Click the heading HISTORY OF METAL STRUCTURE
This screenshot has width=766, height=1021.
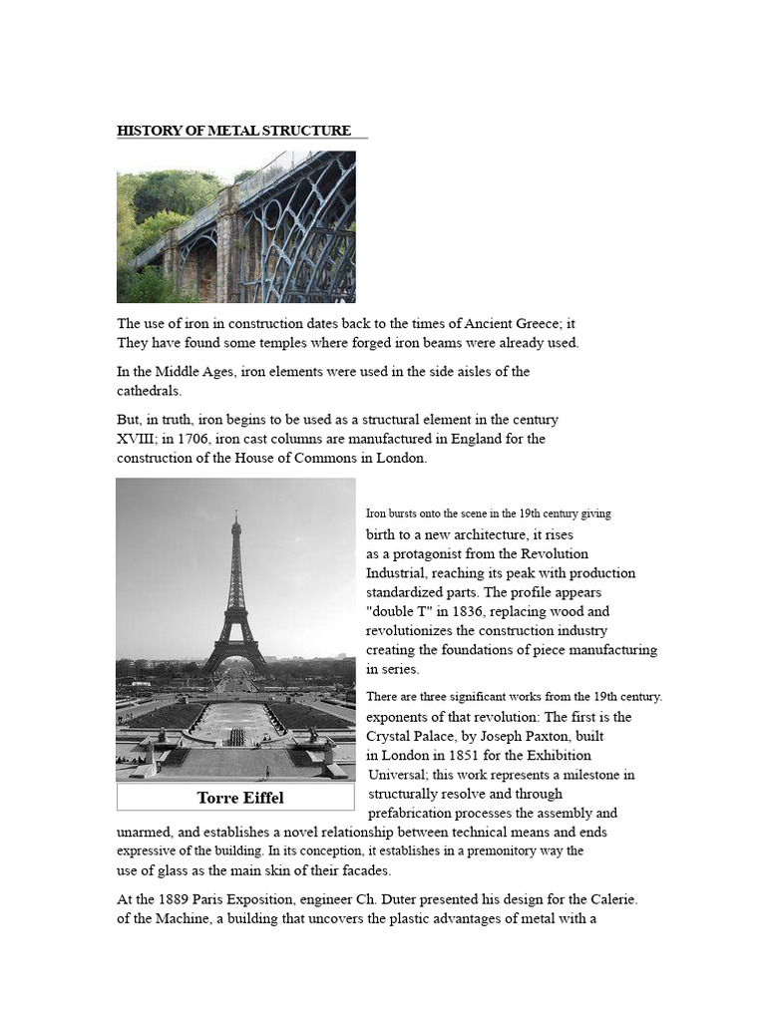coord(234,131)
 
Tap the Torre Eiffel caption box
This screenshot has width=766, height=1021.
coord(235,798)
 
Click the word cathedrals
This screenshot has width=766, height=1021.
coord(150,390)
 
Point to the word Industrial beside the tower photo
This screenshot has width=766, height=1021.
coord(398,573)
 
